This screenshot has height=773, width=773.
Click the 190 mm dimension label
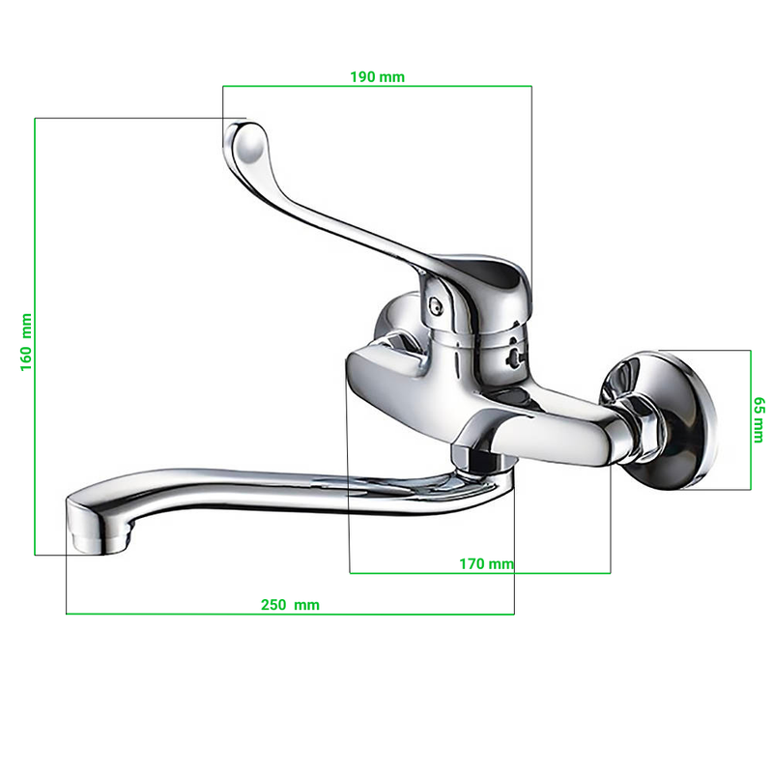click(377, 77)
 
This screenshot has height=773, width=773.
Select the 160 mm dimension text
click(26, 342)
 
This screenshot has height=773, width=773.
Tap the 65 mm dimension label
click(759, 419)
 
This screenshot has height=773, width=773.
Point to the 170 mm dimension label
click(486, 563)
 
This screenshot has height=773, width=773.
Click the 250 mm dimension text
click(290, 605)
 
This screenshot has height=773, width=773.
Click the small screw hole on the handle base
click(436, 306)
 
